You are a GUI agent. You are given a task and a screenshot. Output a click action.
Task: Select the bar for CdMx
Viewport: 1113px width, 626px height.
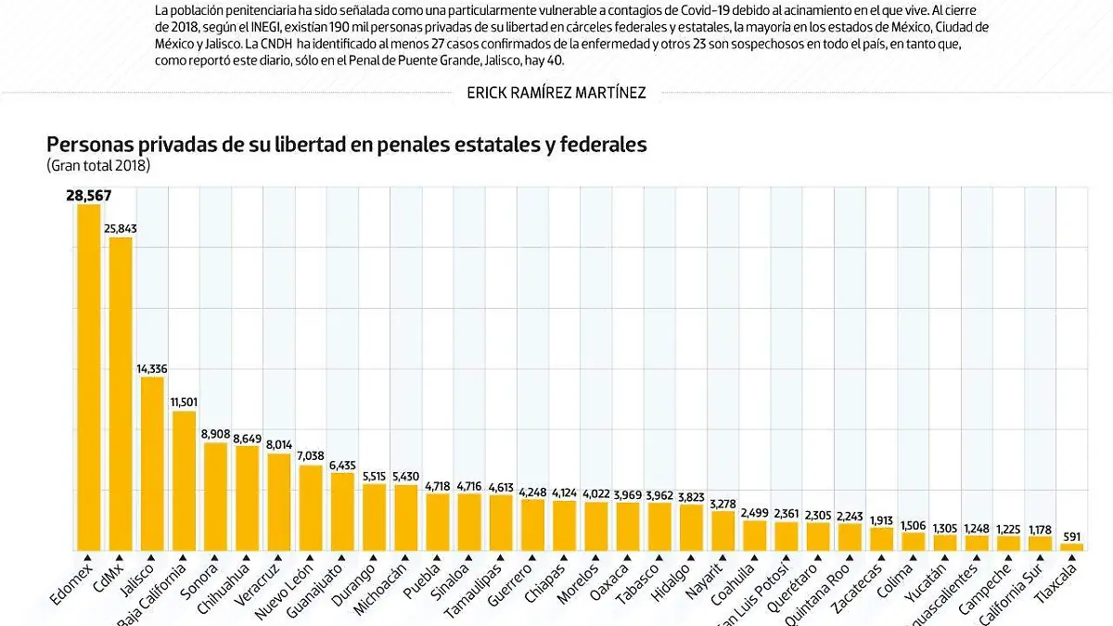[121, 394]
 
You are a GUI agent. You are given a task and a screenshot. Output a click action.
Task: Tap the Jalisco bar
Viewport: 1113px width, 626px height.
[152, 464]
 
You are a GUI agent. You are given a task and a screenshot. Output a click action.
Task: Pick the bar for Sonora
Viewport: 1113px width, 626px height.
[216, 496]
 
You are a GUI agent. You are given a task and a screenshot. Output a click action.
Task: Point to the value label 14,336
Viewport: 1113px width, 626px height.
[152, 369]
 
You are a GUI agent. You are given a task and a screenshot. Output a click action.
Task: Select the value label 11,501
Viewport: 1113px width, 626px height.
[184, 402]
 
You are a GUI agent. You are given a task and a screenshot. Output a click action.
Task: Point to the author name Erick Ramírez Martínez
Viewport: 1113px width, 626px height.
[556, 92]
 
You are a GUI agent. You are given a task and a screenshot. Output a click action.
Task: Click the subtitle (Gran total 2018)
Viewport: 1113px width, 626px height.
[98, 166]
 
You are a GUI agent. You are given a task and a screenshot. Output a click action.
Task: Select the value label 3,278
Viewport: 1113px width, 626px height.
[723, 504]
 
